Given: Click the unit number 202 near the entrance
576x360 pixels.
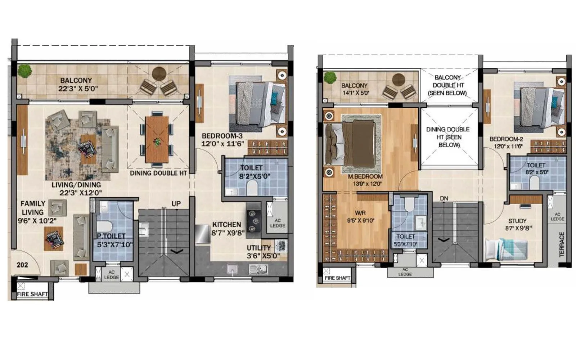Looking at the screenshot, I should pos(22,265).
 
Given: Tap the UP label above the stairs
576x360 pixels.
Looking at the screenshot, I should pos(176,204).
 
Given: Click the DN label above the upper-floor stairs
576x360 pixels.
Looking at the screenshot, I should pos(444,198).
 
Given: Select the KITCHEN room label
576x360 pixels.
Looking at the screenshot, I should pos(226,225).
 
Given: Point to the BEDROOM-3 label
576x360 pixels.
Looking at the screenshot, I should pos(222,136).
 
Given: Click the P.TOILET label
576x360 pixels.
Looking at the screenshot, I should pos(111,236).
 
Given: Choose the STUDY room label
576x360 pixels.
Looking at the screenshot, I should pos(517,221).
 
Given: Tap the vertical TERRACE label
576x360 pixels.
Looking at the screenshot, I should pos(562,244).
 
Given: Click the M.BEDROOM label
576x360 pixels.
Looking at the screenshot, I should pos(365,177).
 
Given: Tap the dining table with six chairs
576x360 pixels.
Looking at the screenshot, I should pos(157,139).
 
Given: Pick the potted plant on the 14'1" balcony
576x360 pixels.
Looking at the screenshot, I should pos(329,77).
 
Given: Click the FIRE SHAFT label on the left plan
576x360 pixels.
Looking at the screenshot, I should pos(32,294).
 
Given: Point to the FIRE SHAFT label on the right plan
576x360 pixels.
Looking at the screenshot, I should pos(337,278).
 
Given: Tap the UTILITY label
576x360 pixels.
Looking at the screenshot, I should pos(258,248).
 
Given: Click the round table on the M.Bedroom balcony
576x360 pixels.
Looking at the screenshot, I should pos(399,80).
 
